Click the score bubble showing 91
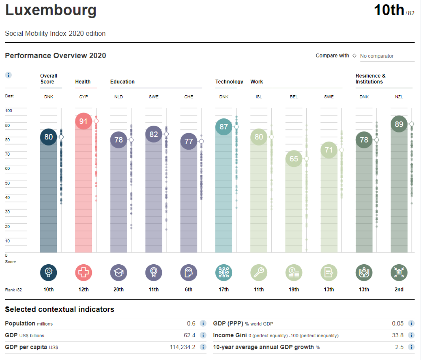[x=83, y=121]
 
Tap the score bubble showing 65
[x=294, y=159]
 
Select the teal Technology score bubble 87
[x=224, y=127]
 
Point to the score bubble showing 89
[x=399, y=124]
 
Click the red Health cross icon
[x=83, y=273]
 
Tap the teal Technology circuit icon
[x=224, y=273]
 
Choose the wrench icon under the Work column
[x=259, y=273]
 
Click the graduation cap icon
[x=118, y=273]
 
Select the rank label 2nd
[x=399, y=289]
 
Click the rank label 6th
[x=188, y=289]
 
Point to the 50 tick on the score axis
[x=7, y=183]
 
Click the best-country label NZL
[x=399, y=97]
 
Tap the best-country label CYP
[x=83, y=97]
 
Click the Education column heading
[x=122, y=82]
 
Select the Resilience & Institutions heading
[x=370, y=78]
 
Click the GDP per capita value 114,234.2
[x=182, y=347]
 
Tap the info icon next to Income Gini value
[x=411, y=335]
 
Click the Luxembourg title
[x=51, y=10]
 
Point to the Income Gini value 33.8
[x=398, y=335]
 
